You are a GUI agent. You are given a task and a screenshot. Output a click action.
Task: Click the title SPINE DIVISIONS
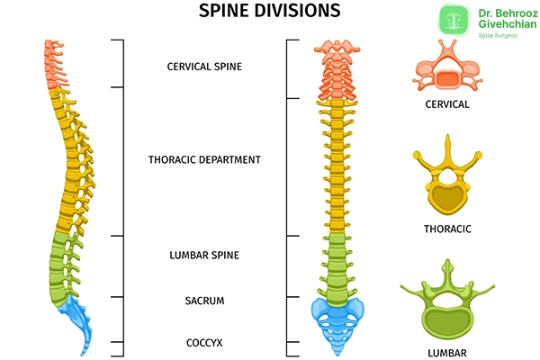pyautogui.click(x=269, y=12)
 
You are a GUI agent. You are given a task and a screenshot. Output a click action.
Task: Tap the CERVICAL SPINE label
pyautogui.click(x=204, y=67)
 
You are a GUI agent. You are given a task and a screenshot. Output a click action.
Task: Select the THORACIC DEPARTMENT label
pyautogui.click(x=204, y=159)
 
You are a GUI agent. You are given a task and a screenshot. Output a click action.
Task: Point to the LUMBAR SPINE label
pyautogui.click(x=204, y=256)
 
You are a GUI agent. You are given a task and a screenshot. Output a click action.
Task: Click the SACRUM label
pyautogui.click(x=204, y=300)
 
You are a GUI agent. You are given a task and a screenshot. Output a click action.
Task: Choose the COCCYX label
pyautogui.click(x=204, y=342)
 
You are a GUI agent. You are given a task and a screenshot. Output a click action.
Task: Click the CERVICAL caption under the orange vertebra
pyautogui.click(x=447, y=105)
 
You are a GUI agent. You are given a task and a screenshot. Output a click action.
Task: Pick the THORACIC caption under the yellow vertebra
pyautogui.click(x=447, y=229)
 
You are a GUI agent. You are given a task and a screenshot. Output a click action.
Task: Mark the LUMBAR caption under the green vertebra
pyautogui.click(x=447, y=349)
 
